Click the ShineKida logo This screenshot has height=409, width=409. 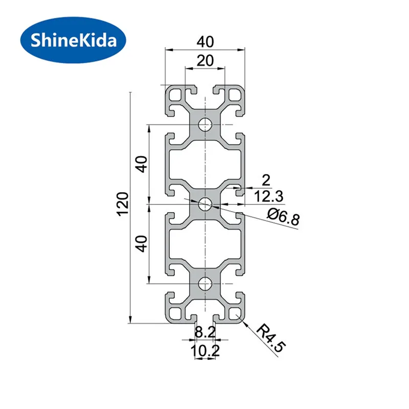pyautogui.click(x=73, y=40)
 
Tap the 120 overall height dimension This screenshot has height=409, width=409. pyautogui.click(x=123, y=203)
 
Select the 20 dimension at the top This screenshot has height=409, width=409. pyautogui.click(x=205, y=60)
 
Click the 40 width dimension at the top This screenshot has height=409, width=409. pyautogui.click(x=206, y=42)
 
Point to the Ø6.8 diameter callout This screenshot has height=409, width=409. pyautogui.click(x=284, y=218)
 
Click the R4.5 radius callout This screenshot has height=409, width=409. pyautogui.click(x=271, y=337)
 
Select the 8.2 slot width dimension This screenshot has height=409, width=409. pyautogui.click(x=206, y=332)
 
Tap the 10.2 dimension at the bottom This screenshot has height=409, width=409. pyautogui.click(x=206, y=350)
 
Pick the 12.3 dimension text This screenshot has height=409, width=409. pyautogui.click(x=268, y=196)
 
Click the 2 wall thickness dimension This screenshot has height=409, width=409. pyautogui.click(x=266, y=180)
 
